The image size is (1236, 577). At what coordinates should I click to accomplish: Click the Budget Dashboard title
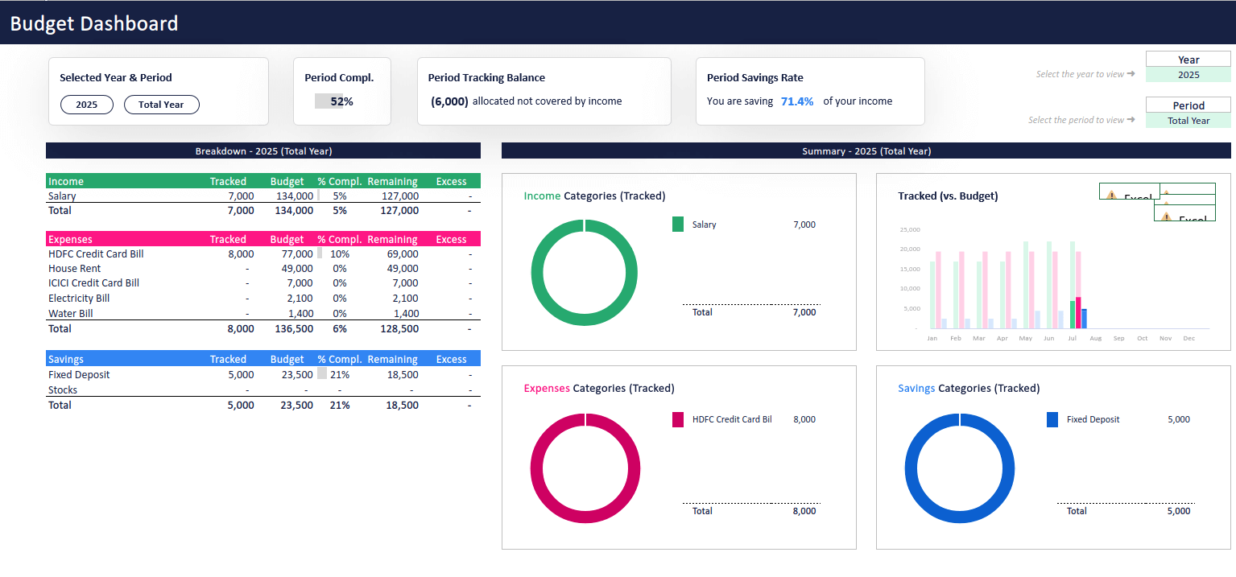(94, 23)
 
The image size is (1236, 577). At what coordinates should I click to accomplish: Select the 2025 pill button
(87, 105)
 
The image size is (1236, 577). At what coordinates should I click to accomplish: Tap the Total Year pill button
(161, 105)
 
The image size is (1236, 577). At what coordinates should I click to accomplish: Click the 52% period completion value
(341, 101)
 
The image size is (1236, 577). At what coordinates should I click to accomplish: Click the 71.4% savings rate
(796, 101)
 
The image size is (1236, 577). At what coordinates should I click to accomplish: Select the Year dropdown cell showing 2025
(1188, 75)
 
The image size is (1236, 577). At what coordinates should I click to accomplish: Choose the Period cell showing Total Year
(1188, 121)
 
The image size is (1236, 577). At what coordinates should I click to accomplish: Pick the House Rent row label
(74, 269)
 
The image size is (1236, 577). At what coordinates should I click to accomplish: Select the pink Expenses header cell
(70, 240)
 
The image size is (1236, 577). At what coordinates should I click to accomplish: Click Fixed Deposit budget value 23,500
(296, 375)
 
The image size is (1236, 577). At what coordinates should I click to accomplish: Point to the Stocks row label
(63, 390)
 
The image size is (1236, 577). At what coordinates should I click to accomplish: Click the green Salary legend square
(678, 225)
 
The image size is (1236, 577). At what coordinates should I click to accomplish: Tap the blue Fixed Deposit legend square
(1052, 419)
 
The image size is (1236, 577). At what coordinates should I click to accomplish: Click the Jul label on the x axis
(1071, 339)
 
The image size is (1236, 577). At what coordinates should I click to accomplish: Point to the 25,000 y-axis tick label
(909, 229)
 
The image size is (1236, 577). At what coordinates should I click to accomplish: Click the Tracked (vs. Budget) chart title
(948, 196)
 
